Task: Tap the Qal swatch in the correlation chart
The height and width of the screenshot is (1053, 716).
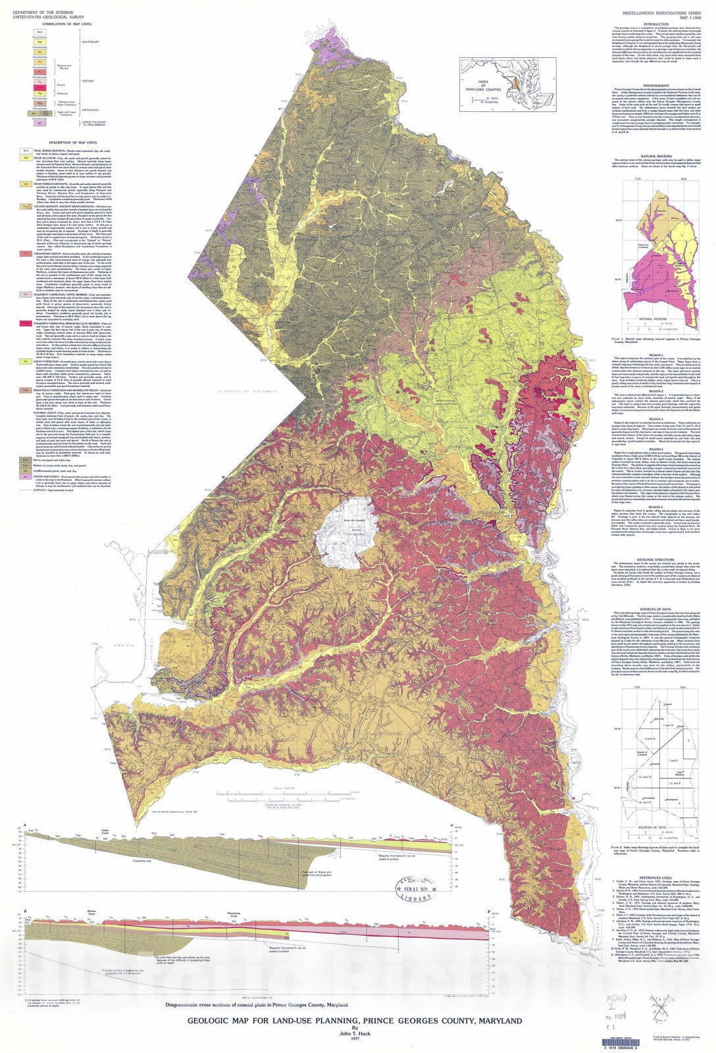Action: pyautogui.click(x=40, y=41)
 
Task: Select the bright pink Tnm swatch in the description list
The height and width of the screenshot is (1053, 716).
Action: pyautogui.click(x=24, y=323)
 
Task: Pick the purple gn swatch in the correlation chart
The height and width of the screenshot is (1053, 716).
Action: pyautogui.click(x=40, y=122)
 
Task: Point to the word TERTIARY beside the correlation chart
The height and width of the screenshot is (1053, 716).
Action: pyautogui.click(x=88, y=81)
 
